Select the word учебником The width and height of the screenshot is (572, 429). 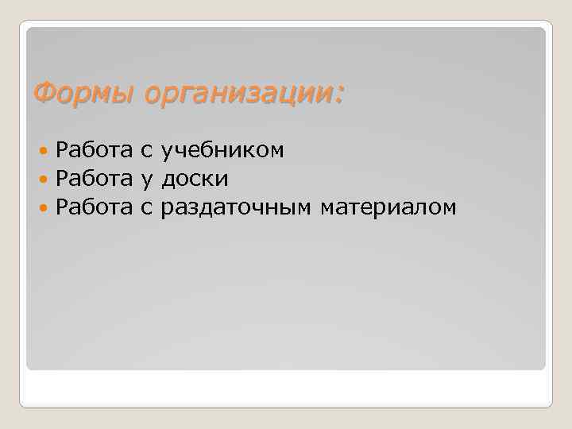coord(222,149)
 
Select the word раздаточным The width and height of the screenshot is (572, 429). coord(236,208)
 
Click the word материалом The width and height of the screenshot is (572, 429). coord(388,208)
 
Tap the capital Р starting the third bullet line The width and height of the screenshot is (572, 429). coord(62,207)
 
